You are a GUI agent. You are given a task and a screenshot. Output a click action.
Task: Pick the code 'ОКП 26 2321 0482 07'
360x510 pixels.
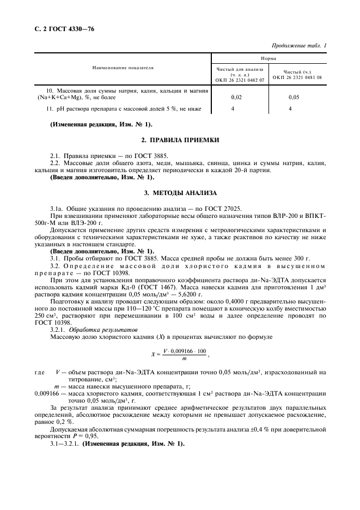point(240,80)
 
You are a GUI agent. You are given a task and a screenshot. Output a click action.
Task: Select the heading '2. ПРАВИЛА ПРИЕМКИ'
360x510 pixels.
point(180,140)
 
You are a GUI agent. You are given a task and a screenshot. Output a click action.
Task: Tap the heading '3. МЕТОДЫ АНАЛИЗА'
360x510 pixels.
point(180,193)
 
